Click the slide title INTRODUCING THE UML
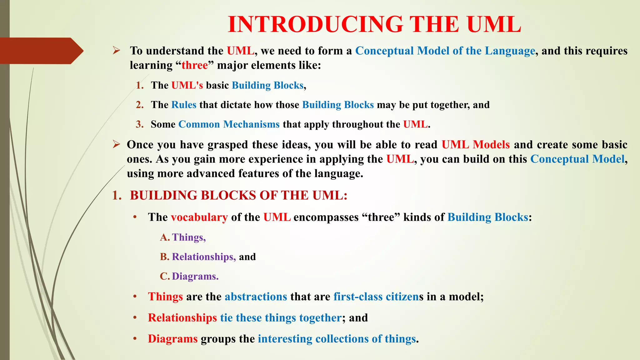coord(374,24)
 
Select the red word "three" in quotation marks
coord(194,65)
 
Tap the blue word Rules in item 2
coord(184,105)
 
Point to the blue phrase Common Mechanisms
coord(229,124)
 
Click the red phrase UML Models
coord(475,145)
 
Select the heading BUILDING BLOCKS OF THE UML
coord(238,195)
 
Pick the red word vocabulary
coord(199,217)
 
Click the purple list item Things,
coord(189,237)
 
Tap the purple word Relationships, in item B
coord(204,257)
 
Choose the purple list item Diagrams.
coord(195,276)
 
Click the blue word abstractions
coord(256,297)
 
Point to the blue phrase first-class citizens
coord(378,297)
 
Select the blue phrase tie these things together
coord(281,318)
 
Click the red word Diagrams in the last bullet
coord(172,339)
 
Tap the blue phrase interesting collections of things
coord(337,339)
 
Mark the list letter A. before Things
coord(165,237)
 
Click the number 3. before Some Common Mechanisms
coord(140,124)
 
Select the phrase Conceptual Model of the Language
coord(445,51)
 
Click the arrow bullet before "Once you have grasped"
coord(116,144)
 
